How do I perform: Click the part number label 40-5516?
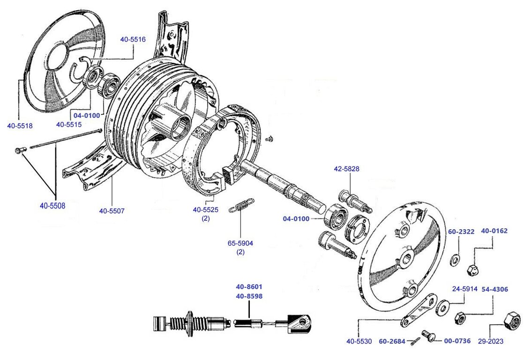tap(133, 39)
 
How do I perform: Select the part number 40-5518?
tap(20, 125)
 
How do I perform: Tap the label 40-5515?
tap(69, 124)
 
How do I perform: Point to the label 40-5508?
tap(52, 205)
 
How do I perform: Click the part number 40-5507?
tap(112, 210)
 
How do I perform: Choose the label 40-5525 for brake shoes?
tap(206, 210)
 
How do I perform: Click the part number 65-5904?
tap(240, 244)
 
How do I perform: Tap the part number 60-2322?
tap(461, 232)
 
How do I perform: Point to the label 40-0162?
tap(494, 231)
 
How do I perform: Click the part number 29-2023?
tap(491, 341)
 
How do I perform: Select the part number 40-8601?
tap(249, 287)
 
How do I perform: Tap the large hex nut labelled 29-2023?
tap(510, 322)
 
